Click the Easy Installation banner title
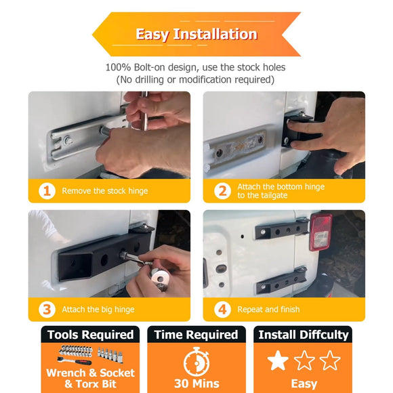point(196,34)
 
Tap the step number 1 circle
point(47,191)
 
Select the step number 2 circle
point(222,191)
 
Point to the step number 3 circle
point(47,310)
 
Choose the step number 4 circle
point(222,310)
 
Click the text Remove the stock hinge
point(105,191)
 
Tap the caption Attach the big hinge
point(98,310)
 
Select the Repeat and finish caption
point(268,309)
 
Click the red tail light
point(320,231)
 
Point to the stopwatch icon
point(196,361)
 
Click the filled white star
point(278,360)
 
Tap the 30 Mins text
point(196,384)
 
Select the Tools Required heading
point(91,335)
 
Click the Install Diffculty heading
point(304,335)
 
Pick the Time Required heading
point(196,335)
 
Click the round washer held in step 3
point(161,278)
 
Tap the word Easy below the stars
point(304,384)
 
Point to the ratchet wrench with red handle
point(74,360)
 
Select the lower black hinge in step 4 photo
point(281,281)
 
